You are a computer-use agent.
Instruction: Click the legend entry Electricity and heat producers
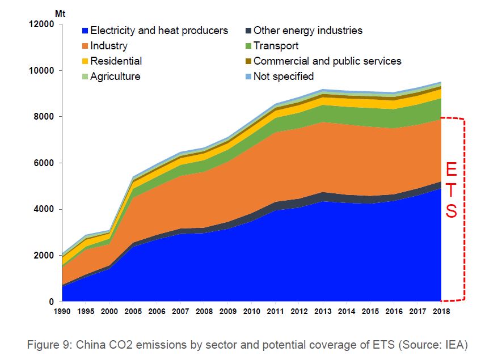pyautogui.click(x=159, y=31)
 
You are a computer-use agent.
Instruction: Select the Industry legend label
pyautogui.click(x=109, y=46)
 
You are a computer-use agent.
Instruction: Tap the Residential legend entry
pyautogui.click(x=116, y=61)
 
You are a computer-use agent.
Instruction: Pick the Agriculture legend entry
pyautogui.click(x=115, y=76)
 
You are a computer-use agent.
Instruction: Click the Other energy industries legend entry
pyautogui.click(x=307, y=31)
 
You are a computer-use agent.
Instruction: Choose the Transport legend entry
pyautogui.click(x=276, y=46)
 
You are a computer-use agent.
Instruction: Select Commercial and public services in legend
pyautogui.click(x=327, y=61)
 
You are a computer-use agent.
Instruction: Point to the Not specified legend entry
pyautogui.click(x=283, y=76)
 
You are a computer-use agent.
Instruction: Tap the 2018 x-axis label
pyautogui.click(x=441, y=312)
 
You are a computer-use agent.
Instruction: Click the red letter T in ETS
pyautogui.click(x=450, y=190)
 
